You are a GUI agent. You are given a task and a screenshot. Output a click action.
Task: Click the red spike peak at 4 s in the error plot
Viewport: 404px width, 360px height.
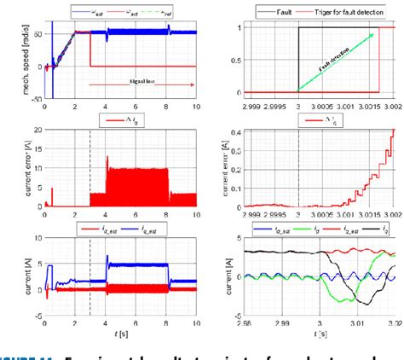pyautogui.click(x=107, y=157)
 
